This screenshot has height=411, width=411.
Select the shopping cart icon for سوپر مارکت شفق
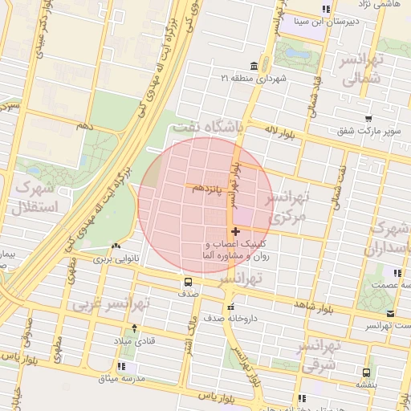(x=367, y=119)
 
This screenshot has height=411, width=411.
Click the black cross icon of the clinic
(x=234, y=232)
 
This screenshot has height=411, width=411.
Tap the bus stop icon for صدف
(x=188, y=282)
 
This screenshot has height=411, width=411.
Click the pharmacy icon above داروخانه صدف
(x=231, y=306)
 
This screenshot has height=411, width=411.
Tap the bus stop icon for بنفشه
(x=366, y=372)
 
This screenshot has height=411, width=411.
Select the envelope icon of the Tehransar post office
(x=390, y=314)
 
